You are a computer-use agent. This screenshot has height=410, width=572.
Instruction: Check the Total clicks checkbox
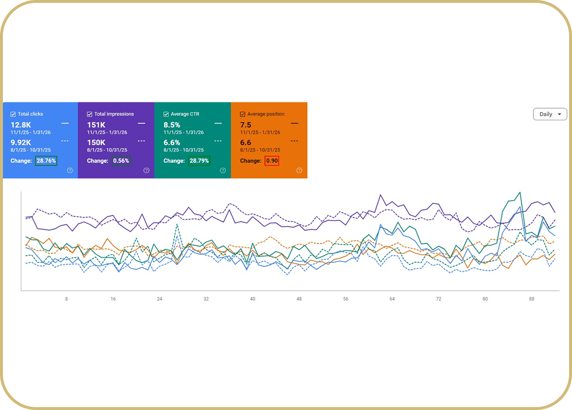13,114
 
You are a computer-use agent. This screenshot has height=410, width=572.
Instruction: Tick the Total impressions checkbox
89,114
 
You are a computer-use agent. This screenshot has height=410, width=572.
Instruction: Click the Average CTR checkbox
166,114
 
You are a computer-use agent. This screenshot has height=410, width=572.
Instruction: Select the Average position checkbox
243,114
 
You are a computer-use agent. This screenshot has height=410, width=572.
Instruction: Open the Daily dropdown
550,114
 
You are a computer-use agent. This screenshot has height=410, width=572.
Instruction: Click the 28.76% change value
46,161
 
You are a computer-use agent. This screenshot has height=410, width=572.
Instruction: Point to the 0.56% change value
121,161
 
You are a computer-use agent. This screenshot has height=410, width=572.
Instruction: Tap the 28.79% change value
199,161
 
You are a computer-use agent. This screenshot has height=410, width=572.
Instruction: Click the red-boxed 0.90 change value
272,161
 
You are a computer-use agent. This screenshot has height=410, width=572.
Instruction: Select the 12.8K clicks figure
21,125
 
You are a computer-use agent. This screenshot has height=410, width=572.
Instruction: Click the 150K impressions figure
96,142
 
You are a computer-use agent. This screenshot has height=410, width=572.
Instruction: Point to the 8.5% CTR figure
172,125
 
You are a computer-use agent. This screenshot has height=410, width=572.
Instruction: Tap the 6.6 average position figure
246,142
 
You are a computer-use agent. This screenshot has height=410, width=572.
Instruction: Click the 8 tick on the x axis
67,298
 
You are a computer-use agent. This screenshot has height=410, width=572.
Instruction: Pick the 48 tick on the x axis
299,298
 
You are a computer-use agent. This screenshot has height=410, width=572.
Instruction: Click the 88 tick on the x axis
531,298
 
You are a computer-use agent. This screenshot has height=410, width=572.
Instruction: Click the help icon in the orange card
299,170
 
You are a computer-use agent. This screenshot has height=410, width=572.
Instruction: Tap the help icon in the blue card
70,170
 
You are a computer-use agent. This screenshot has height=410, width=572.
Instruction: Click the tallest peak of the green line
520,192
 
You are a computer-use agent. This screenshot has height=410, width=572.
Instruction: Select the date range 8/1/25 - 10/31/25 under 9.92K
30,150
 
